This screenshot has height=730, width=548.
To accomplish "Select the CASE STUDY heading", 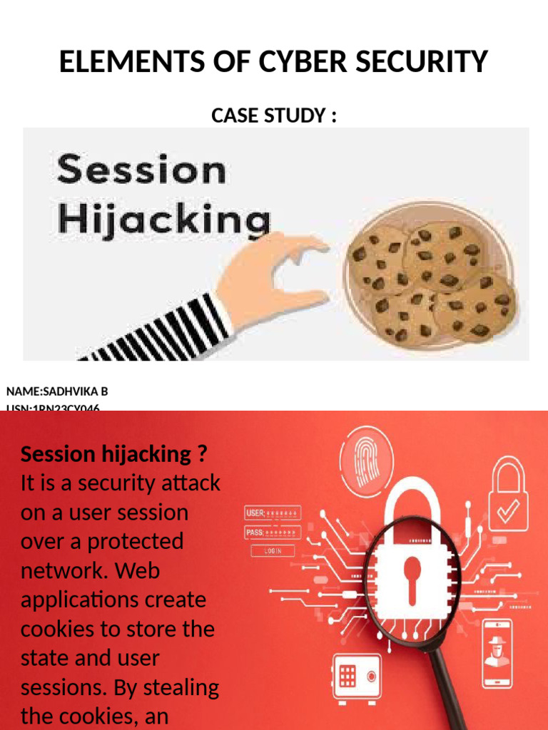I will coord(274,115).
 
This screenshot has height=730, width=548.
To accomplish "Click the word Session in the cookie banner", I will coord(141,171).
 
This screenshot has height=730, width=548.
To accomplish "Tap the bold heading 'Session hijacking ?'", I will coord(114,454).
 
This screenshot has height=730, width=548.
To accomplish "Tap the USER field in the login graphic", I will coord(273,513).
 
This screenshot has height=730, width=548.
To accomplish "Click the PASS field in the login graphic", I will coord(273,533).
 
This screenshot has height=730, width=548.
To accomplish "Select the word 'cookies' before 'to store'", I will coord(54,629).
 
